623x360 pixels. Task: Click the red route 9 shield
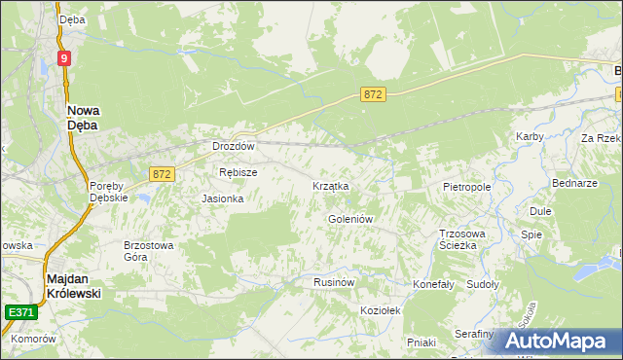[x=63, y=58]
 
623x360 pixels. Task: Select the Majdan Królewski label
[x=74, y=284]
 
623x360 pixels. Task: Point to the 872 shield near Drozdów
[x=163, y=173]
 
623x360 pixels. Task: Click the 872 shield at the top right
[x=374, y=94]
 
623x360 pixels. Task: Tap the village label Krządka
[x=330, y=185]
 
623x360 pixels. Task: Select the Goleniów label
[x=350, y=219]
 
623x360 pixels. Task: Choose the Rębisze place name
[x=238, y=172]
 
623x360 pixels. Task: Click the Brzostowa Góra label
[x=148, y=251]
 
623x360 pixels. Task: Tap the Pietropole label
[x=466, y=185]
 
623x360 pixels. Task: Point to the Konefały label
[x=434, y=284]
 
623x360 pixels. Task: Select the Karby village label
[x=530, y=136]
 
